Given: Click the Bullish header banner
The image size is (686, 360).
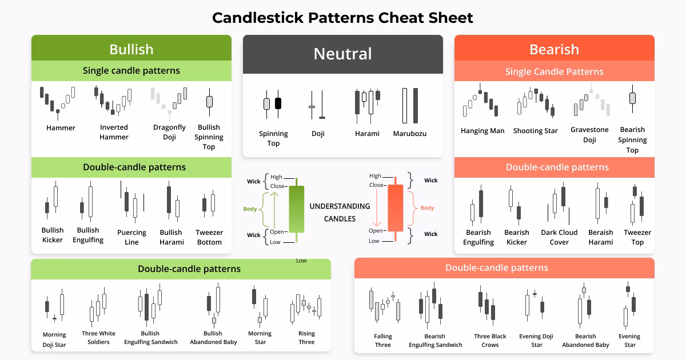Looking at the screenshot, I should (131, 49).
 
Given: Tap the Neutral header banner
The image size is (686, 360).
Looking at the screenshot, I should (342, 54).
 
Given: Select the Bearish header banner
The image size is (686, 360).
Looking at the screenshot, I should (554, 49).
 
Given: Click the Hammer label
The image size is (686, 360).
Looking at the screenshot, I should (61, 128).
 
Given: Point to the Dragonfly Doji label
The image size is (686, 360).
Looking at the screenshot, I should (169, 132).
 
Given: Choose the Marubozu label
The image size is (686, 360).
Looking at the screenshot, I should (409, 134).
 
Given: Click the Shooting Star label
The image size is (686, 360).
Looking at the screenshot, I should (535, 131).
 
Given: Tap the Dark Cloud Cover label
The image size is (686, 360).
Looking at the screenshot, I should (559, 237).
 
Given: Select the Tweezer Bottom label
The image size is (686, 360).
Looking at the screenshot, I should (209, 237).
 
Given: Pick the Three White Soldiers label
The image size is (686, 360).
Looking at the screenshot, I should (98, 338).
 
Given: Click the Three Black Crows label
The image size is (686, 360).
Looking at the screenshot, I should (490, 341).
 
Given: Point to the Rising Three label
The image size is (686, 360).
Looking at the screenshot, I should (306, 338).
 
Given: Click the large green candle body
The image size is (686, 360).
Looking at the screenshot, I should (297, 209).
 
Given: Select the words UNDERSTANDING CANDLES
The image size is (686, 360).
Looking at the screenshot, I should (340, 212).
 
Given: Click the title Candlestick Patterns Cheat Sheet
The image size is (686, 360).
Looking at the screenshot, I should (342, 18).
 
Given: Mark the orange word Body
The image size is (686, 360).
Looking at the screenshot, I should (427, 208).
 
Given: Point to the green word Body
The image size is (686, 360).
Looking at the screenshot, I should (250, 209).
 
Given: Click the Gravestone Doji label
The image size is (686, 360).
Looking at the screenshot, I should (589, 135).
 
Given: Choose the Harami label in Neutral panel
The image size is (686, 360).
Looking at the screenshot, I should (367, 134).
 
